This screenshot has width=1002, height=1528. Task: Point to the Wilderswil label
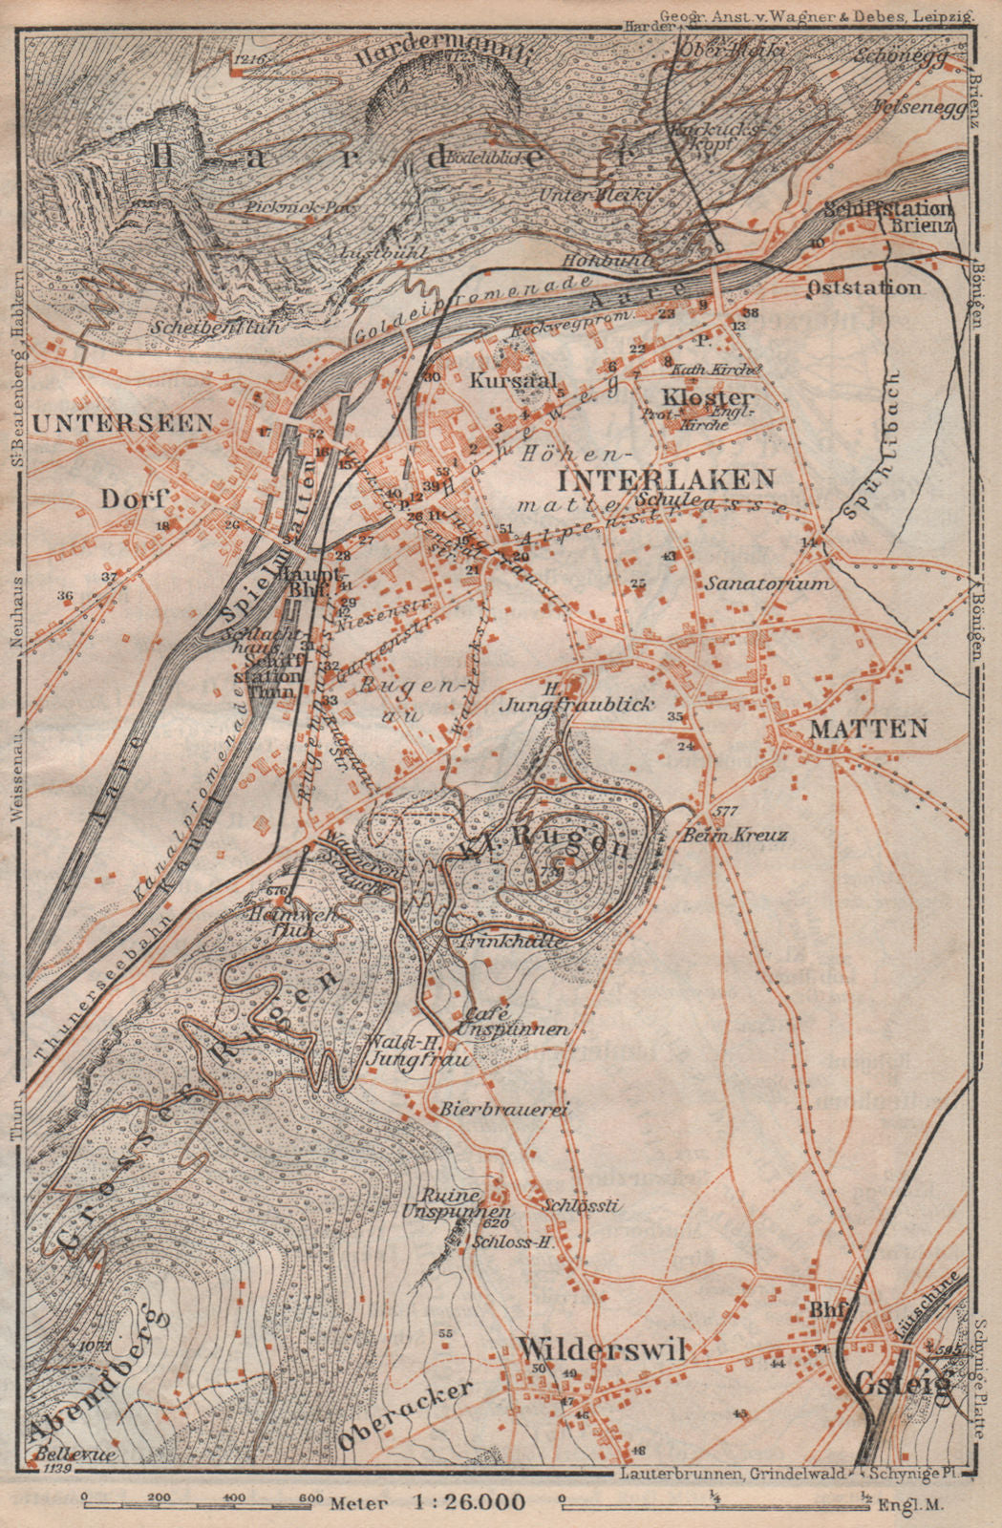(x=602, y=1348)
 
